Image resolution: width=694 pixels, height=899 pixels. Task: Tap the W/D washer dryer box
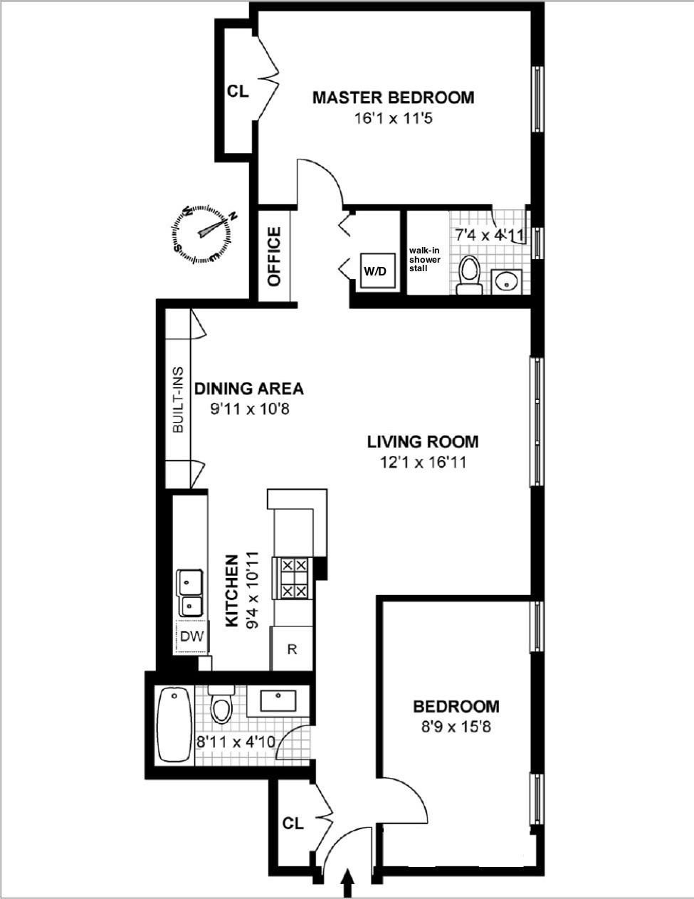[376, 270]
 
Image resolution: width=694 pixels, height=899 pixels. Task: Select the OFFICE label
[275, 256]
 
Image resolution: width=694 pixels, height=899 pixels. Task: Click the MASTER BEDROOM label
[393, 98]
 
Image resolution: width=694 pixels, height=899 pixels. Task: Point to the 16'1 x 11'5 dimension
[393, 118]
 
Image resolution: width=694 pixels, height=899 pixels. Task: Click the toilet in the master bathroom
[468, 275]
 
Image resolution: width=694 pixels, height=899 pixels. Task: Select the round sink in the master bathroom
[507, 281]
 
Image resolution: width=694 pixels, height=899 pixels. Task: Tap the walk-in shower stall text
[425, 259]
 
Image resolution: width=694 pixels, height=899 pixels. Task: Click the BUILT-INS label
[178, 400]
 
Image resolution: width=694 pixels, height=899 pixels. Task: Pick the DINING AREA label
[249, 389]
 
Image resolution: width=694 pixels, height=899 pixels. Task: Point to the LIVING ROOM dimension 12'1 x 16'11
[423, 463]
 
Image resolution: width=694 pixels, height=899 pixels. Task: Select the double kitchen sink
[190, 592]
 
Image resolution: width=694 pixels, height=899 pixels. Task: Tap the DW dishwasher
[191, 636]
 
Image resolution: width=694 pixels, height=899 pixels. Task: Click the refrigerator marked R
[292, 648]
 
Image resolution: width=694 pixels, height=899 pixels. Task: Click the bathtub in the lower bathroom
[174, 724]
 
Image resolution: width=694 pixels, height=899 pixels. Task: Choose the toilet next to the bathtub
[221, 707]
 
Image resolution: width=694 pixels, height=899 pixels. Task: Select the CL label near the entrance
[293, 824]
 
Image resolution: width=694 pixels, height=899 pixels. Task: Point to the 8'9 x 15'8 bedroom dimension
[456, 727]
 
